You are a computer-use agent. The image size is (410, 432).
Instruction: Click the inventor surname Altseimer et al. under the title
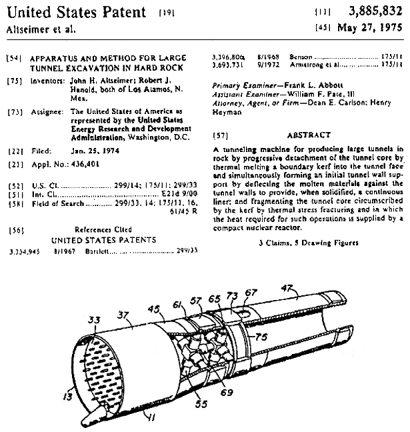[x=32, y=29]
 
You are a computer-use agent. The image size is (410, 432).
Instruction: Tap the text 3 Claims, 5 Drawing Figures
[x=308, y=243]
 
